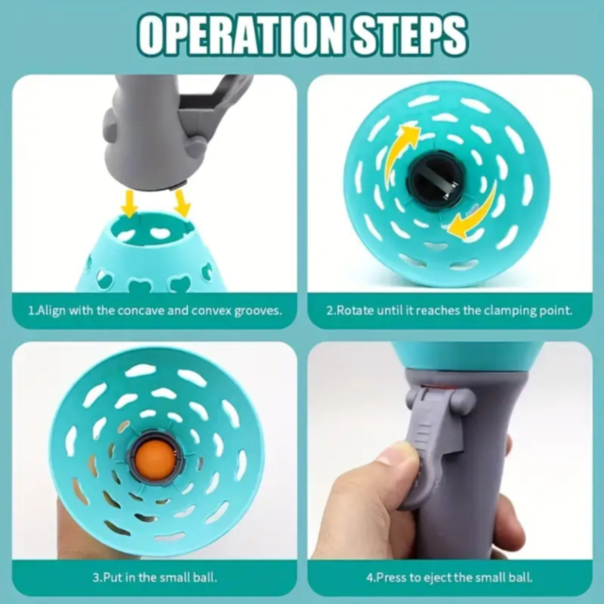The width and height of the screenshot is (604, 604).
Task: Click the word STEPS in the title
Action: pyautogui.click(x=410, y=35)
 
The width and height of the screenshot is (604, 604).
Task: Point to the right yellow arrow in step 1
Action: pyautogui.click(x=181, y=204)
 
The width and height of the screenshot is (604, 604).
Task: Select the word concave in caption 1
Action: pyautogui.click(x=141, y=310)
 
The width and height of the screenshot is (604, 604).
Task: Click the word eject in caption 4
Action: pyautogui.click(x=438, y=578)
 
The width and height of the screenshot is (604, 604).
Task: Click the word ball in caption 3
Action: pyautogui.click(x=207, y=578)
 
